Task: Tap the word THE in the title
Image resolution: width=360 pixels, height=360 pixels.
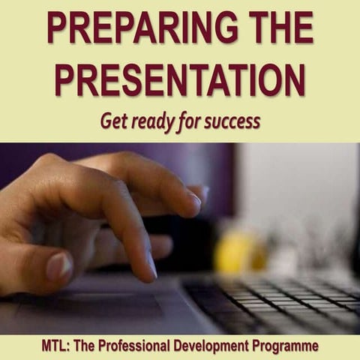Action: tap(273, 28)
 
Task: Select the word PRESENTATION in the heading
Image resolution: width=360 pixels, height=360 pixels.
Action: tap(180, 78)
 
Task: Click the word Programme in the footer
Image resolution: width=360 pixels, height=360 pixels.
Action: tap(288, 346)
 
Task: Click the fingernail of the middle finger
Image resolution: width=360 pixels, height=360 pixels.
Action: tap(193, 198)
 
